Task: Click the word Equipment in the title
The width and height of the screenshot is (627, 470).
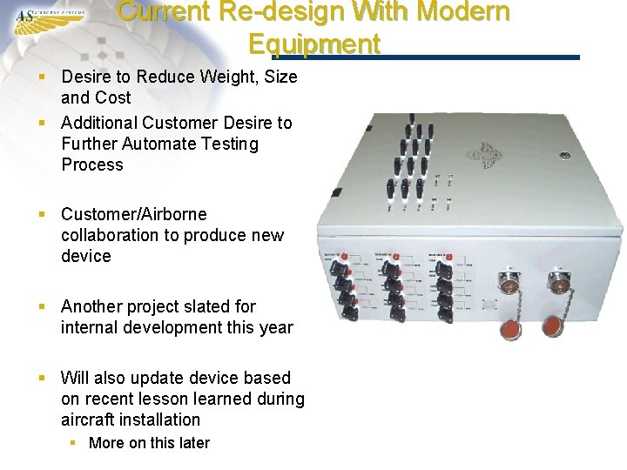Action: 313,43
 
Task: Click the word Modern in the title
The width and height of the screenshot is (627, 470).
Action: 466,12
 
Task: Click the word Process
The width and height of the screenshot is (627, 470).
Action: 92,164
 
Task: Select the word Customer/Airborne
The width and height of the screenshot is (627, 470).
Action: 134,214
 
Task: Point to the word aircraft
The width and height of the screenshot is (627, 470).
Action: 89,420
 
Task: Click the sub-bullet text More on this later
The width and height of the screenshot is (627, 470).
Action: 149,442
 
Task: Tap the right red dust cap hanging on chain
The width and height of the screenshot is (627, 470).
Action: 552,326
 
